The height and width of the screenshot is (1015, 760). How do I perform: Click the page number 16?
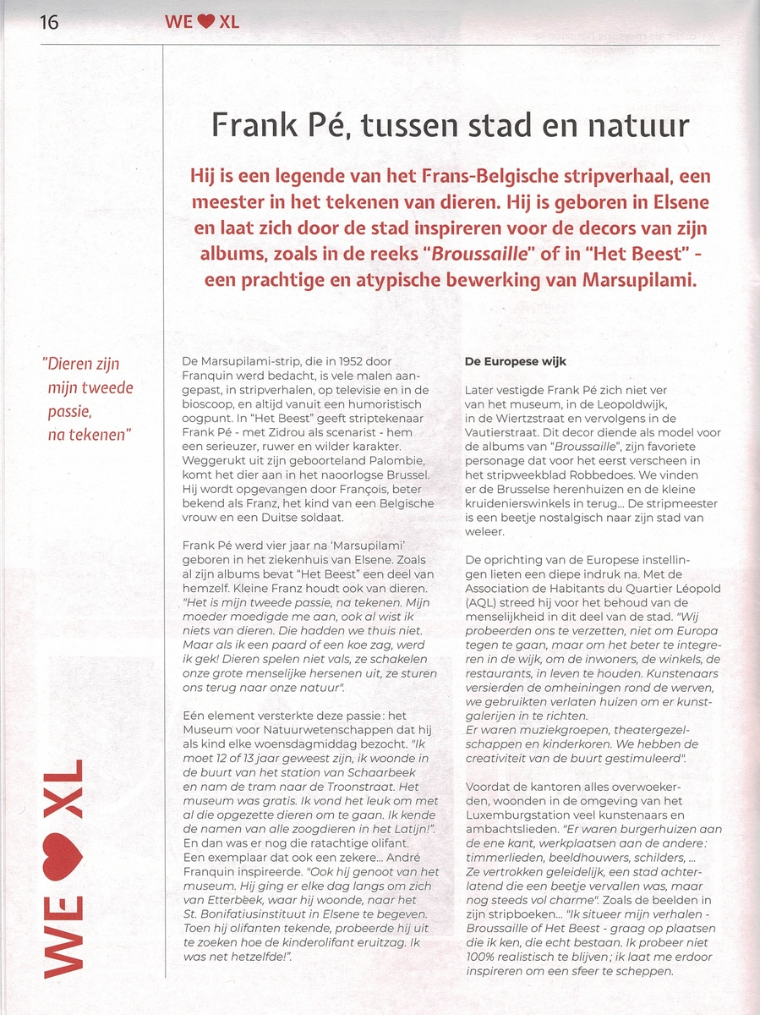(49, 21)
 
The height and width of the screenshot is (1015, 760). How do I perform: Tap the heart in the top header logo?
(205, 22)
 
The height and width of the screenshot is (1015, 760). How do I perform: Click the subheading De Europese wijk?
(516, 362)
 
